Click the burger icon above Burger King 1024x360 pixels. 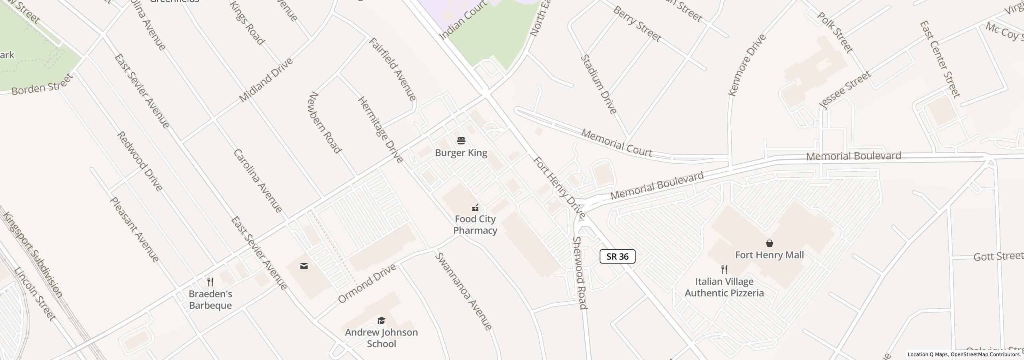point(461,141)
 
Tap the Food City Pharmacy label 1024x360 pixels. point(475,225)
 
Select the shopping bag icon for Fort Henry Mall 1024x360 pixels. point(769,243)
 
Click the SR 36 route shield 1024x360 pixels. point(617,256)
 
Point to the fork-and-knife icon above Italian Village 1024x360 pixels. point(724,269)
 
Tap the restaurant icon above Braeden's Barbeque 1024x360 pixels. point(210,282)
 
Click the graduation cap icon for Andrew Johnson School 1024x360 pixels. point(381,321)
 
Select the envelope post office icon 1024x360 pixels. point(304,266)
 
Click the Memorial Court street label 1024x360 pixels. point(616,143)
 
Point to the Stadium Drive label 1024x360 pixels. point(598,84)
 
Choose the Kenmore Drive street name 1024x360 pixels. point(747,65)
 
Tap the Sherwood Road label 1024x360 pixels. point(580,273)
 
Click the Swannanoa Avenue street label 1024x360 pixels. point(463,291)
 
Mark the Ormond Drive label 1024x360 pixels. point(367,284)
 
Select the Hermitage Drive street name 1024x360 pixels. point(380,130)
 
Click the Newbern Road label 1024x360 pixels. point(325,122)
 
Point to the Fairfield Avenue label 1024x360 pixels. point(392,69)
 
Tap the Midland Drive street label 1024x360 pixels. point(266,80)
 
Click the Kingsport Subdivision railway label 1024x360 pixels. point(33,255)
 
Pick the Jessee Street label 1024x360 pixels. point(845,90)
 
